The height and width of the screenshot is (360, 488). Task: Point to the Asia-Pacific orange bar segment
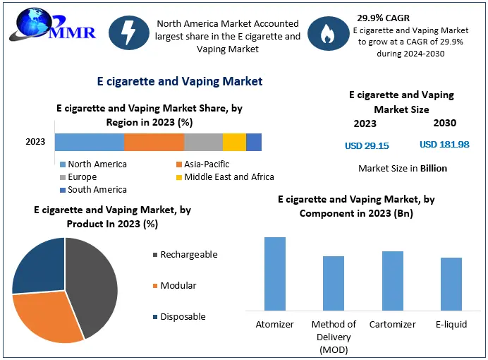[154, 142]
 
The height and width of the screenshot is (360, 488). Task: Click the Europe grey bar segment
[203, 142]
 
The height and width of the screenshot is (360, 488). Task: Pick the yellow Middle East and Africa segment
[234, 142]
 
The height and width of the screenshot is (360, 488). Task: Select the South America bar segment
[254, 142]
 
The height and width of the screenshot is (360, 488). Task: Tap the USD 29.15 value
[367, 145]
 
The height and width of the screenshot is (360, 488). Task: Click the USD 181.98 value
[444, 145]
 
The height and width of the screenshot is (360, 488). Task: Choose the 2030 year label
[444, 123]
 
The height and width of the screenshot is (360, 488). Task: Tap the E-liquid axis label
[451, 325]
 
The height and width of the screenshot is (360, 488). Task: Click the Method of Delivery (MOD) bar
[334, 283]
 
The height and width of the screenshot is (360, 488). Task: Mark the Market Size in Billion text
[403, 169]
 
